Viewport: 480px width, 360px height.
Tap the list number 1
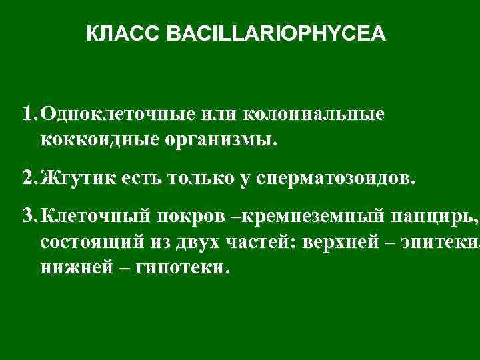[x=27, y=114]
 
